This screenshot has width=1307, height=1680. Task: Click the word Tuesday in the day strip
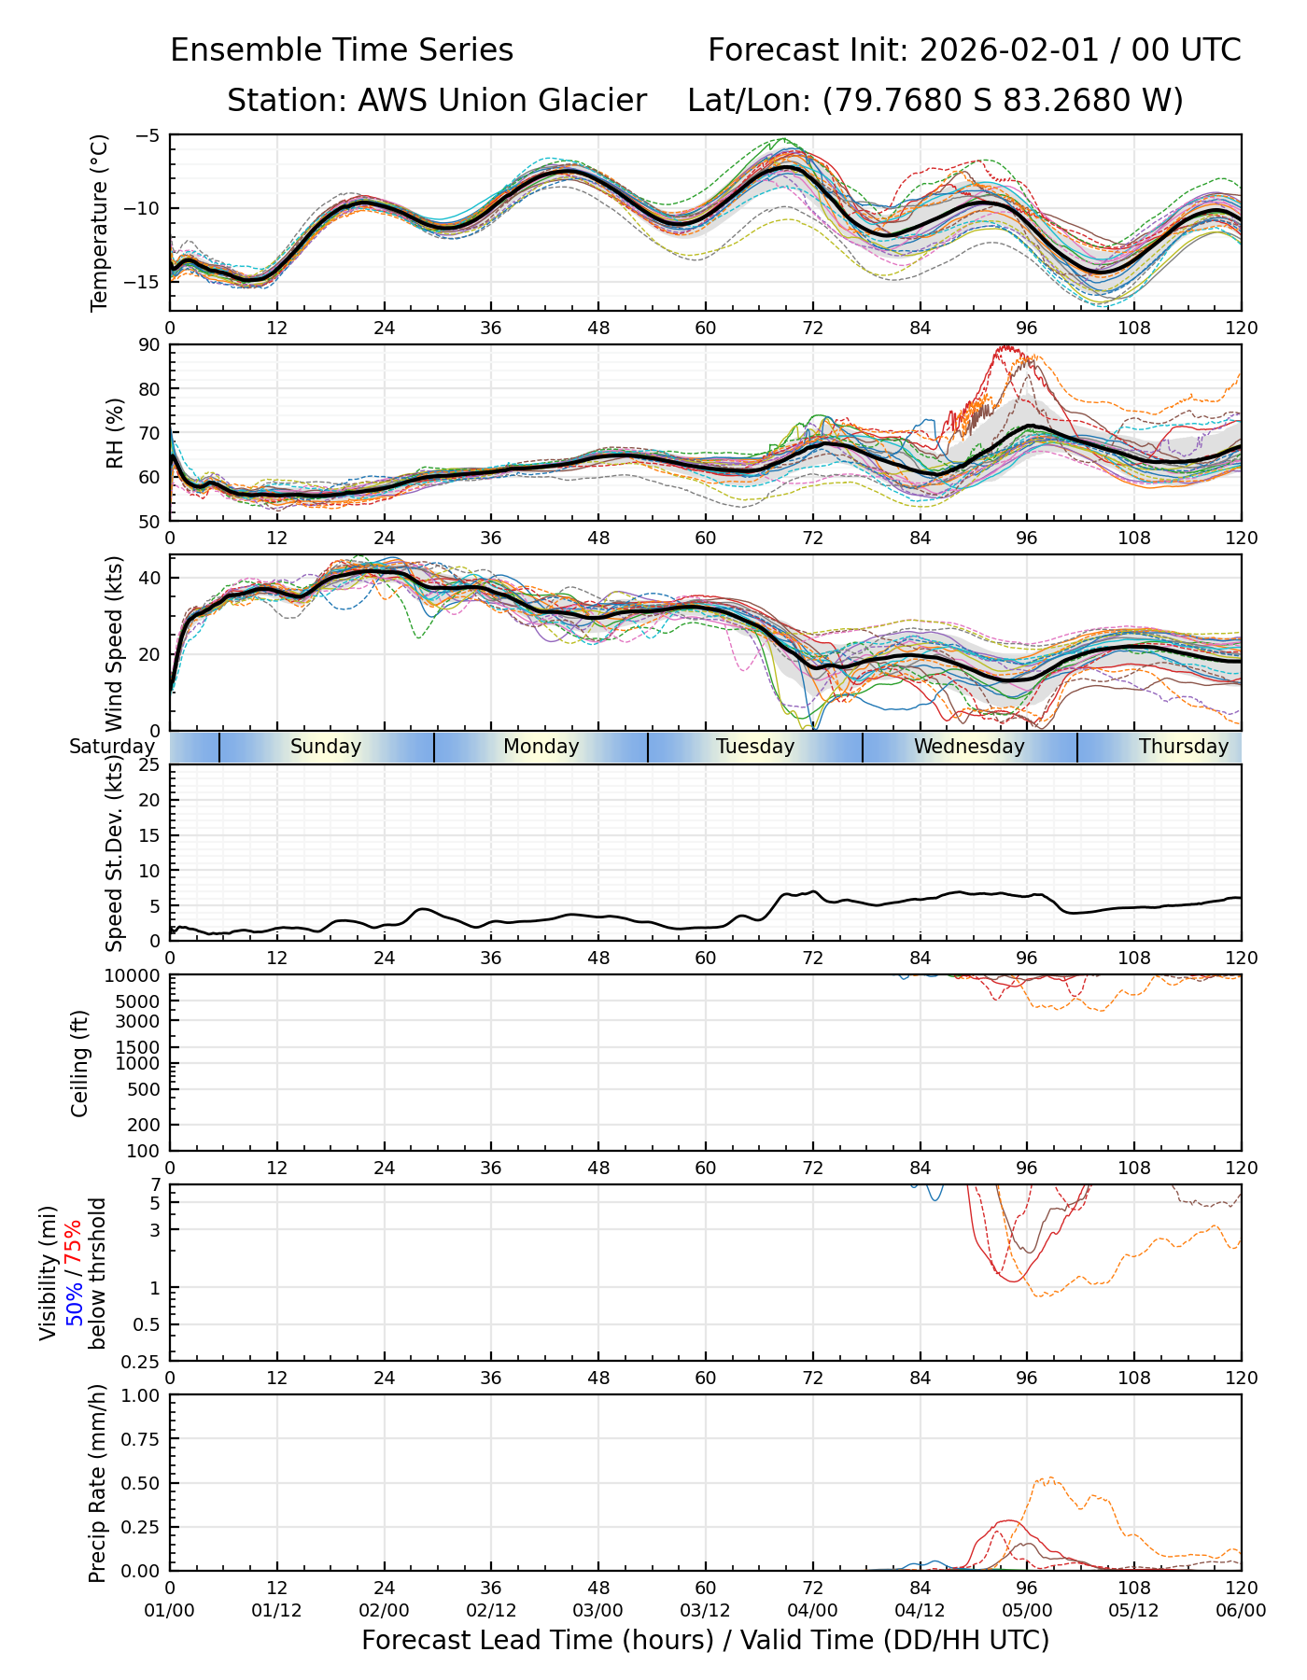pyautogui.click(x=755, y=747)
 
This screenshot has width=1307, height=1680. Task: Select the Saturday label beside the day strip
pyautogui.click(x=111, y=747)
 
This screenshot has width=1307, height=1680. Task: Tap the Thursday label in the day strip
pyautogui.click(x=1183, y=747)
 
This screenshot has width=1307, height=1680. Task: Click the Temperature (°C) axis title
pyautogui.click(x=100, y=222)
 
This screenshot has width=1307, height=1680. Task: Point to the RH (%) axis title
pyautogui.click(x=115, y=433)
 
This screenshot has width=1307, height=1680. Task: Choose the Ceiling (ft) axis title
pyautogui.click(x=80, y=1063)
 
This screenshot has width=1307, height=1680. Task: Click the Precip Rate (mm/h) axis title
pyautogui.click(x=97, y=1483)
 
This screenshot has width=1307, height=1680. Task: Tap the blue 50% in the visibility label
pyautogui.click(x=74, y=1300)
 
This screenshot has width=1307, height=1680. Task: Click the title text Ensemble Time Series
pyautogui.click(x=342, y=50)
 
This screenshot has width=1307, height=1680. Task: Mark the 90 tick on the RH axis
pyautogui.click(x=150, y=345)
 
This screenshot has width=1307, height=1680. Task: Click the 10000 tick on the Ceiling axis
pyautogui.click(x=135, y=975)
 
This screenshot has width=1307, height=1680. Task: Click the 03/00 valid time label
pyautogui.click(x=598, y=1610)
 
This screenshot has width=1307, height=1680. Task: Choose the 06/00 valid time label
pyautogui.click(x=1241, y=1610)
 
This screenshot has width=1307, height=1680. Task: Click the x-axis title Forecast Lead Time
pyautogui.click(x=705, y=1640)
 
